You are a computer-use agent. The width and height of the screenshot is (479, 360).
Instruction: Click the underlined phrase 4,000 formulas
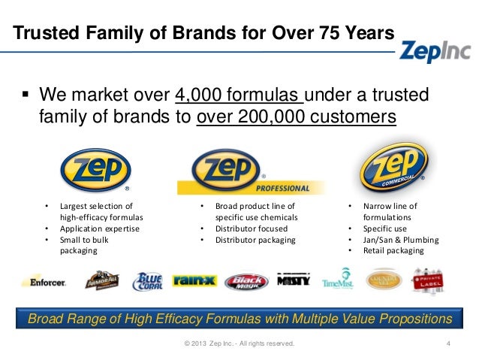click(x=239, y=96)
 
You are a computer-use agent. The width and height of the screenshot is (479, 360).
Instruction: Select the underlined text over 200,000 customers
click(x=296, y=117)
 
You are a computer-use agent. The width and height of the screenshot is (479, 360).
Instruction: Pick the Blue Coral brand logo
click(x=147, y=282)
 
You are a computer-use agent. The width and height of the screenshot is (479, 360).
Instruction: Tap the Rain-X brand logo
click(x=195, y=281)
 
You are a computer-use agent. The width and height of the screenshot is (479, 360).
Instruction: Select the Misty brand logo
click(x=293, y=280)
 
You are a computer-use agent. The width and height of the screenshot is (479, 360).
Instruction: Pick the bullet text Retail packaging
click(x=393, y=251)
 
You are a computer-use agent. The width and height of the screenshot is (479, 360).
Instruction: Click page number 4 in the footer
click(x=447, y=344)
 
